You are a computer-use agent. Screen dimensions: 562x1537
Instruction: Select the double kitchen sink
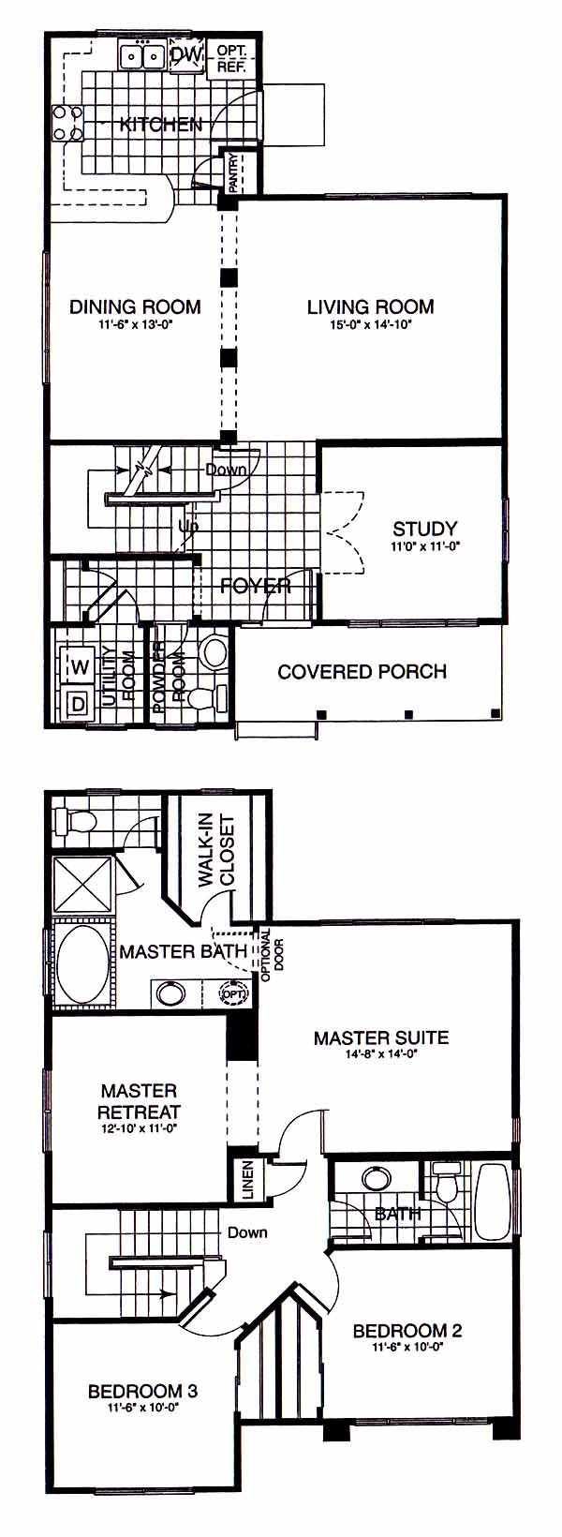(141, 56)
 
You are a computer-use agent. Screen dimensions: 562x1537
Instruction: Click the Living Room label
(370, 306)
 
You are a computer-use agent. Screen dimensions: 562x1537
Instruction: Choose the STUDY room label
(425, 529)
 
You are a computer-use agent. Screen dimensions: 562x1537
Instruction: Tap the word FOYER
(256, 586)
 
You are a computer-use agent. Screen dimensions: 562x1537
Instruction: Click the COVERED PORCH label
(362, 671)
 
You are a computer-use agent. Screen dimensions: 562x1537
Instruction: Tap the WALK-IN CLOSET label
(217, 851)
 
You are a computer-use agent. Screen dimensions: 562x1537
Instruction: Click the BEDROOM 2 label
(407, 1331)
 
